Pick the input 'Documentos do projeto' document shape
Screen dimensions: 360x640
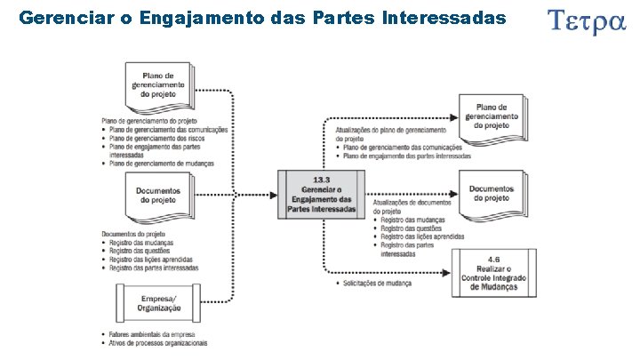pos(158,198)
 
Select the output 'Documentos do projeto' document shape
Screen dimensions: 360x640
pos(492,194)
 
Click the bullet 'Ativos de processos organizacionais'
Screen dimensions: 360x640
pos(158,342)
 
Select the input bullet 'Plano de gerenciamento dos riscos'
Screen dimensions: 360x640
pos(158,139)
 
